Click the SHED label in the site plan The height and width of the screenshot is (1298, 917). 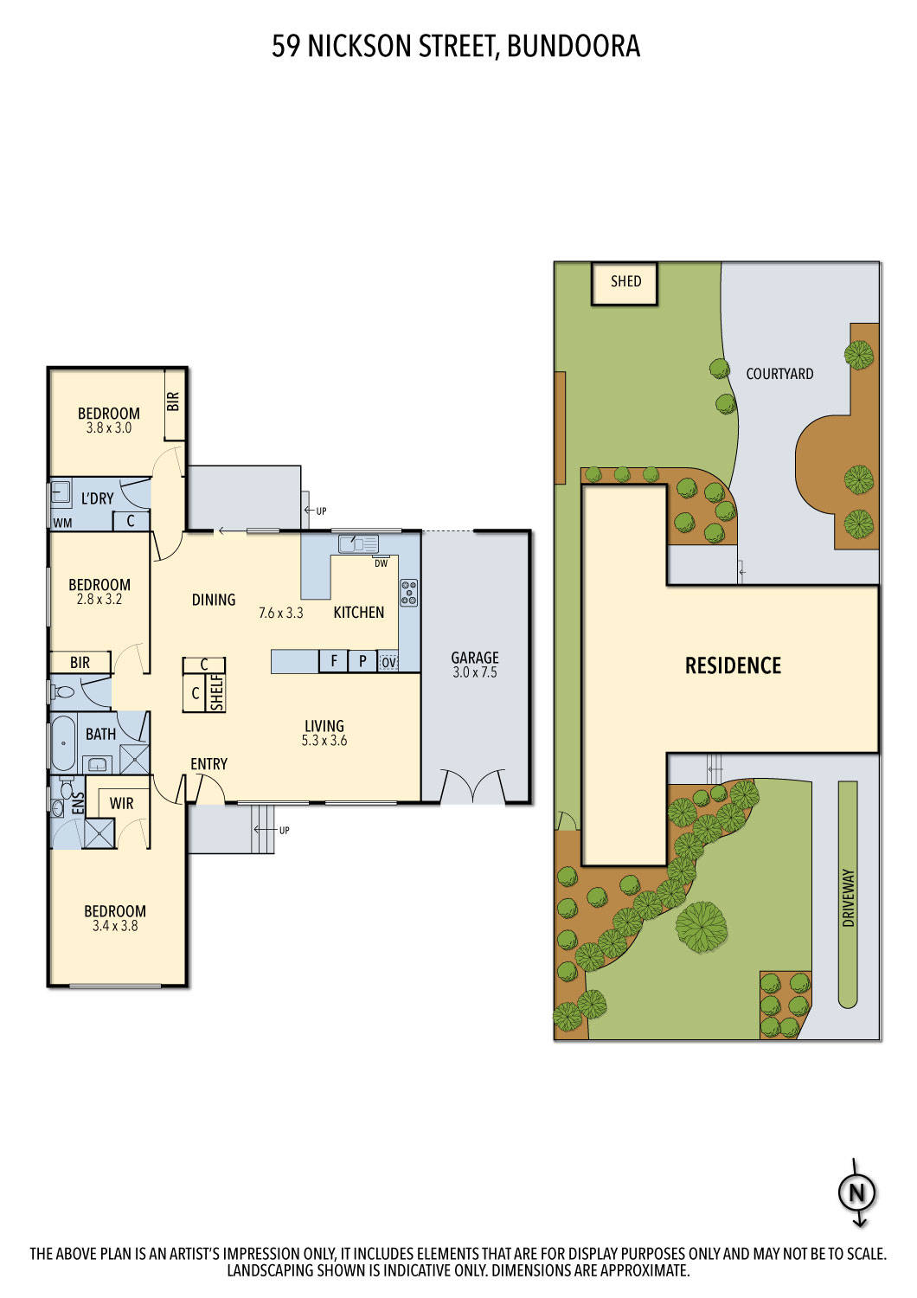625,281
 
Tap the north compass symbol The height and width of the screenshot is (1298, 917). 856,1193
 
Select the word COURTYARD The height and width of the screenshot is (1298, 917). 779,374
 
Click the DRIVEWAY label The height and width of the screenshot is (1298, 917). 848,898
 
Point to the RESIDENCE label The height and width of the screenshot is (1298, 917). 733,665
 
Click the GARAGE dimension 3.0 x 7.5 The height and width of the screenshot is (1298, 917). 475,672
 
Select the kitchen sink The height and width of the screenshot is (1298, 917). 358,544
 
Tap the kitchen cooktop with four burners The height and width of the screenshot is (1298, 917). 409,593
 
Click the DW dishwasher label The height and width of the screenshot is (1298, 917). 381,563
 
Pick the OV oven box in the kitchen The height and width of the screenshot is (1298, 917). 388,662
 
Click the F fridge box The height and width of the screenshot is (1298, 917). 333,661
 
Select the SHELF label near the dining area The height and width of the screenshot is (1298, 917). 217,693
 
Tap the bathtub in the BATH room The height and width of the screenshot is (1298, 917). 63,742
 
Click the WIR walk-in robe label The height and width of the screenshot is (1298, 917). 121,803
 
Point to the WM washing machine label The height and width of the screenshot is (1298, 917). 62,523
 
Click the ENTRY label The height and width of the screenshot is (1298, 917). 208,764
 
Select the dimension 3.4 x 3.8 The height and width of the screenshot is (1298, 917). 115,926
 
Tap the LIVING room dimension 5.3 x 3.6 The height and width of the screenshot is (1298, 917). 324,741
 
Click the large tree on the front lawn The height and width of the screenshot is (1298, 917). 702,924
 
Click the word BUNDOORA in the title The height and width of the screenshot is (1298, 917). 573,46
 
